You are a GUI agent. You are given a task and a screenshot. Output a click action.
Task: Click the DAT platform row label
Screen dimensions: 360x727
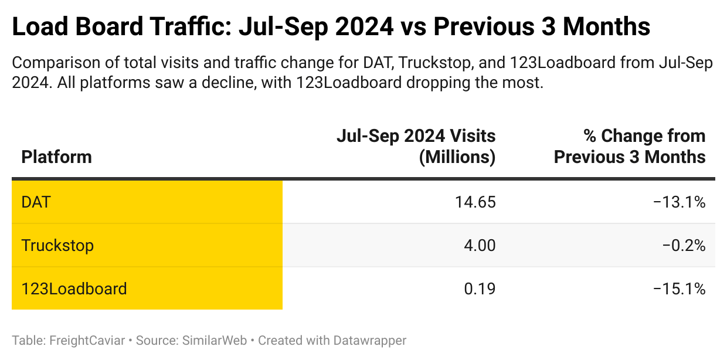(x=36, y=202)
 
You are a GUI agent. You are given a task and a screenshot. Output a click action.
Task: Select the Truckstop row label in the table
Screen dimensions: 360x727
(x=57, y=245)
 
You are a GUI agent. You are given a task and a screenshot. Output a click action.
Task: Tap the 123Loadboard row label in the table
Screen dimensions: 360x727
(x=74, y=288)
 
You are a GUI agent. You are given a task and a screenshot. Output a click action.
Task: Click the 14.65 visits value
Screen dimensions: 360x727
(x=475, y=202)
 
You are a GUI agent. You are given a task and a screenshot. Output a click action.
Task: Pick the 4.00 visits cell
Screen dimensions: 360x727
(x=479, y=245)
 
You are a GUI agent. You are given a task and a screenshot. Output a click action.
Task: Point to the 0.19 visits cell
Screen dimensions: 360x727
(x=479, y=288)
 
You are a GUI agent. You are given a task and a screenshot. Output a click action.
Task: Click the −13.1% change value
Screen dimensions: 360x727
(x=679, y=202)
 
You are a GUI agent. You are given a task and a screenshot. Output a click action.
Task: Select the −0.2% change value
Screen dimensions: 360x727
(x=684, y=245)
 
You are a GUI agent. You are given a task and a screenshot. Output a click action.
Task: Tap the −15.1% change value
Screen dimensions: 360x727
(x=679, y=288)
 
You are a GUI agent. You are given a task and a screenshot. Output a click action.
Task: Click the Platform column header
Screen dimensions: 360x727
(x=56, y=157)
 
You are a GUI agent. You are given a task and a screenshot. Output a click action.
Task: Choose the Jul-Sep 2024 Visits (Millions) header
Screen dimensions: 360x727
(x=416, y=147)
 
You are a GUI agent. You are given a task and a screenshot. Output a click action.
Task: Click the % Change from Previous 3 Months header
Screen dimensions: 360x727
(x=630, y=147)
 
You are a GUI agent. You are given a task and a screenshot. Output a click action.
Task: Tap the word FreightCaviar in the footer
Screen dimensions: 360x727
(x=87, y=340)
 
